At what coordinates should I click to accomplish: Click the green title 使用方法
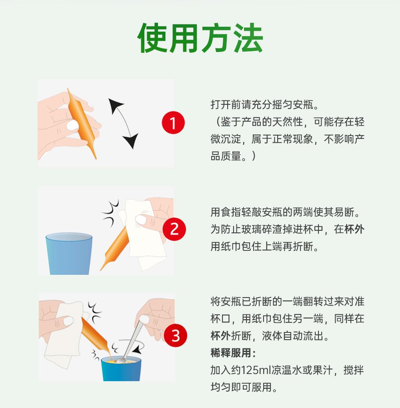(200, 38)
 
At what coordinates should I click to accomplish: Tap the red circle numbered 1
(173, 122)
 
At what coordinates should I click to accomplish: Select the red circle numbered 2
(174, 229)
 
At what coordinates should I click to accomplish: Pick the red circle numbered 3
(176, 336)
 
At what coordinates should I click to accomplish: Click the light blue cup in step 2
(69, 254)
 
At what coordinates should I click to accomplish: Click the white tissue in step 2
(142, 234)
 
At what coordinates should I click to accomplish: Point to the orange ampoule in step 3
(96, 336)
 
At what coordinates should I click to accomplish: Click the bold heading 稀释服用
(233, 353)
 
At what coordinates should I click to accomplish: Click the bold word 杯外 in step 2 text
(354, 229)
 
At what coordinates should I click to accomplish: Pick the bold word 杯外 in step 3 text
(220, 336)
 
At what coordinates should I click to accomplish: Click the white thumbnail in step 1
(73, 126)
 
